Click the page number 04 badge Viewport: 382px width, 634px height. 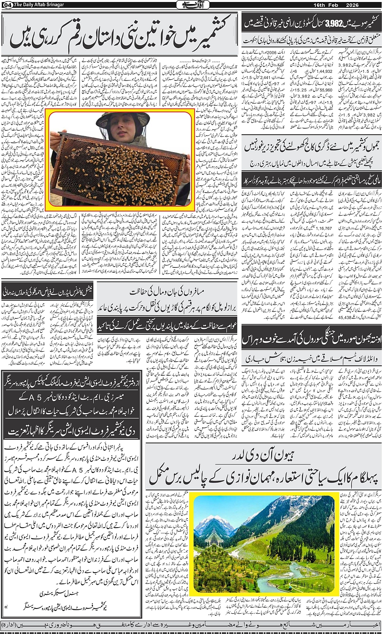tap(5, 4)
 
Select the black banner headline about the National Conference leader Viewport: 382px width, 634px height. tap(48, 291)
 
